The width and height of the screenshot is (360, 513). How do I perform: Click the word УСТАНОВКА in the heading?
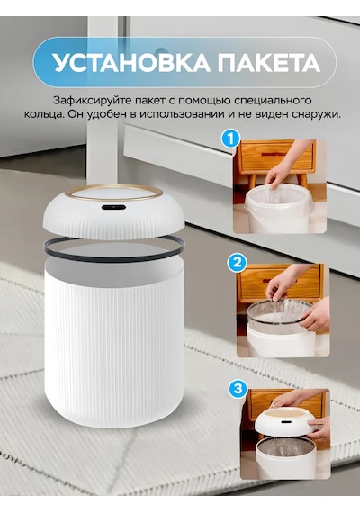tap(131, 62)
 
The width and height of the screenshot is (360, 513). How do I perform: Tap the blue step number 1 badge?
tap(231, 139)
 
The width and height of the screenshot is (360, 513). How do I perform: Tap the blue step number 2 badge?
tap(237, 263)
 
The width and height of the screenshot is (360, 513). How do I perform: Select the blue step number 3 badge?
tap(238, 388)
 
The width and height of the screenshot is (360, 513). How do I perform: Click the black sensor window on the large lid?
tap(113, 207)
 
